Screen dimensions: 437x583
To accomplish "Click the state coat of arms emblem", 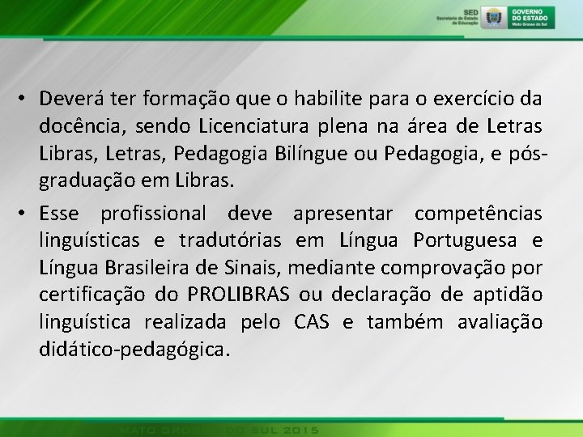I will click(x=492, y=17).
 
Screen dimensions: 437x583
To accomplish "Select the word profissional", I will click(x=153, y=214).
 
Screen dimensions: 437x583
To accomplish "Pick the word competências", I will click(x=478, y=214).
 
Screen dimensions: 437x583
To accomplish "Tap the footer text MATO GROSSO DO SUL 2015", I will click(x=218, y=429).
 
